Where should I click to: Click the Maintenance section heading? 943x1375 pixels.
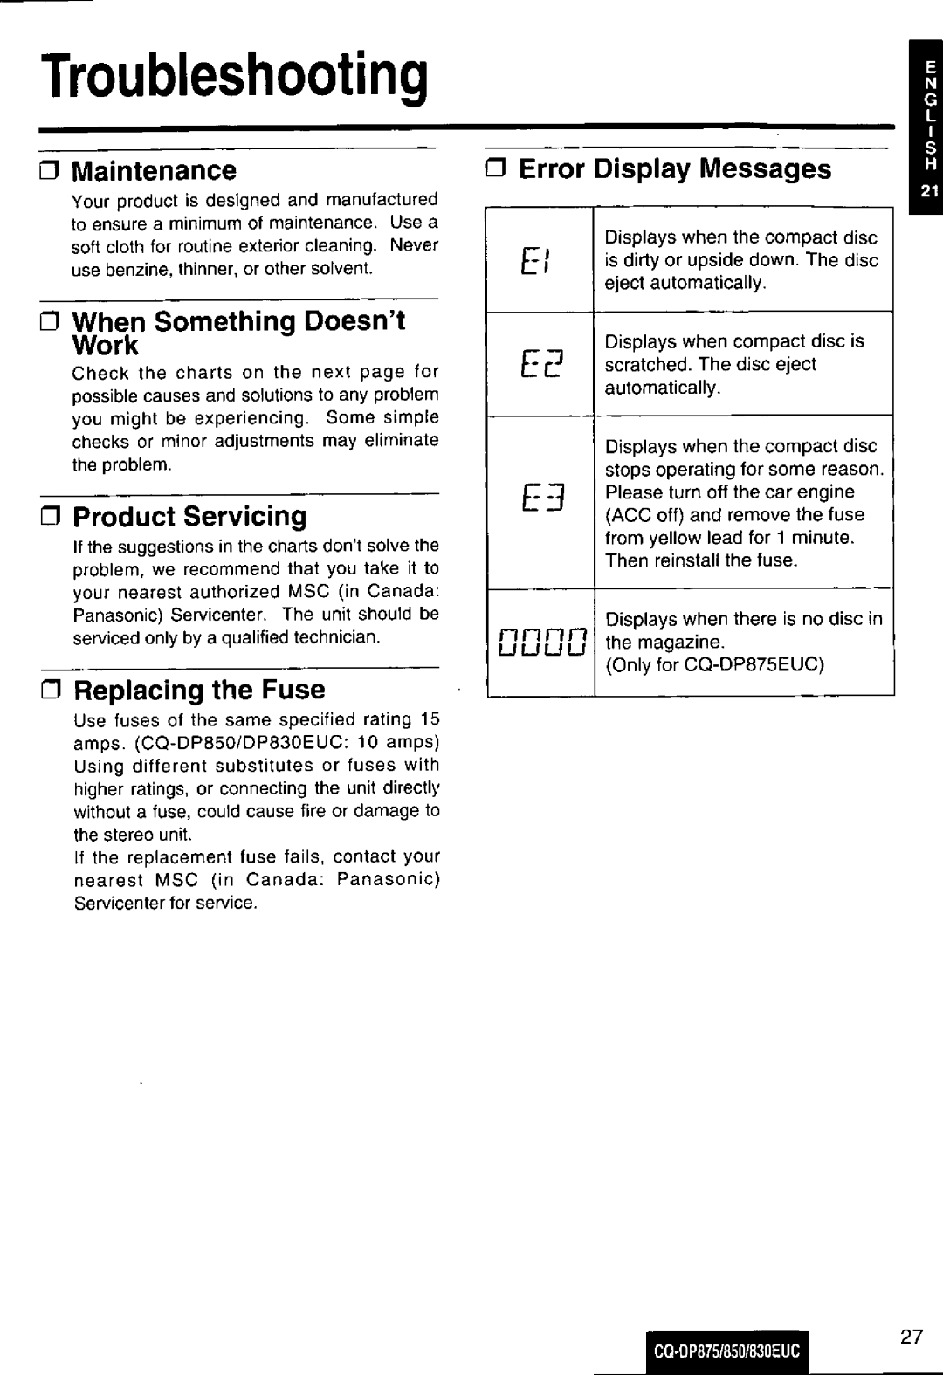click(x=154, y=169)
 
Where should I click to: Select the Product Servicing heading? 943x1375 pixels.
click(x=189, y=516)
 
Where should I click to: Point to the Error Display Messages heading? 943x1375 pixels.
click(x=675, y=168)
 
